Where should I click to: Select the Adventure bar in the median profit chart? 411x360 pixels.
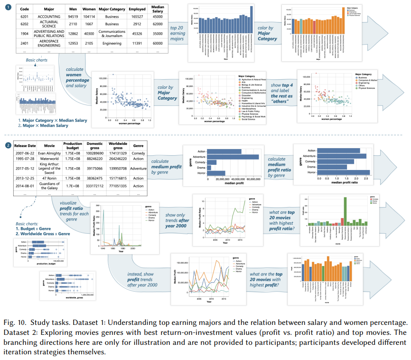pyautogui.click(x=233, y=157)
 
